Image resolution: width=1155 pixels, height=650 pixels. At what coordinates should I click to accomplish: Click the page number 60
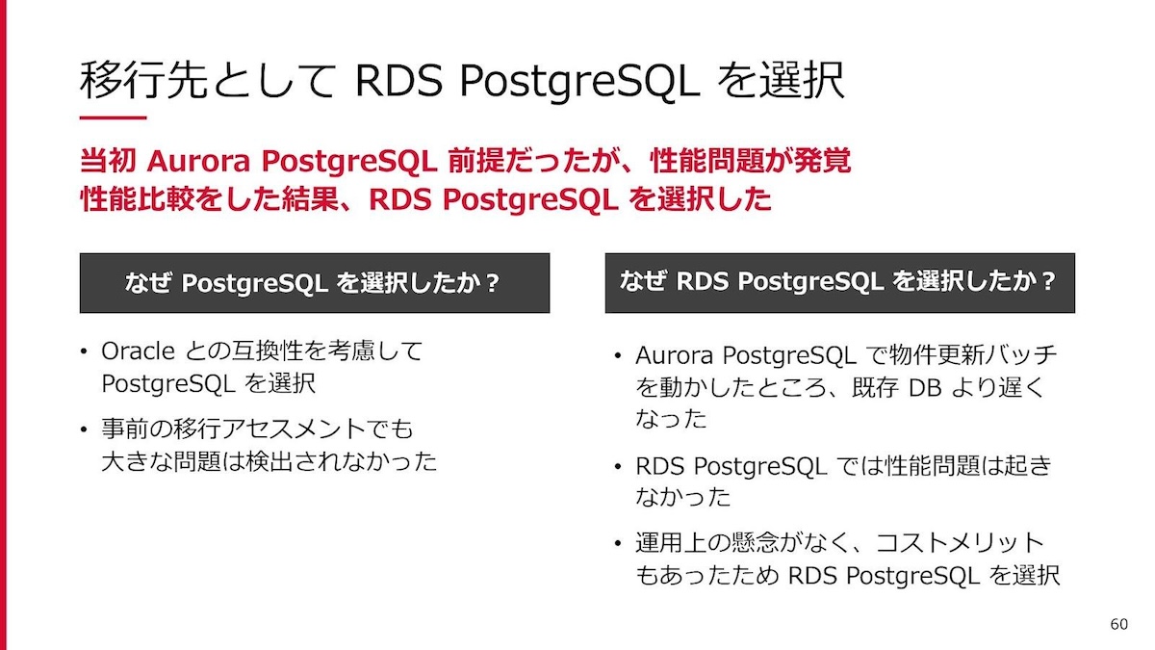pyautogui.click(x=1118, y=624)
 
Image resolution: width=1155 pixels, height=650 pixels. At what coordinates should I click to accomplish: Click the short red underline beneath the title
pyautogui.click(x=113, y=117)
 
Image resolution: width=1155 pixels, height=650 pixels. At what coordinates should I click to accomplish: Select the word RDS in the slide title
pyautogui.click(x=398, y=81)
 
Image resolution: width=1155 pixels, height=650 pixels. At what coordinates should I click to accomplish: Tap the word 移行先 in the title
pyautogui.click(x=143, y=80)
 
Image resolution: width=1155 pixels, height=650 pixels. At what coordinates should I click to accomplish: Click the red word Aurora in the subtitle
pyautogui.click(x=198, y=161)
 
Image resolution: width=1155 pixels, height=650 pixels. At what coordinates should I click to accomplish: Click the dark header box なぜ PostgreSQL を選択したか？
pyautogui.click(x=315, y=283)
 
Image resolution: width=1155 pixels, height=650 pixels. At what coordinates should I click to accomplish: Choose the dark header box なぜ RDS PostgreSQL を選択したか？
pyautogui.click(x=840, y=283)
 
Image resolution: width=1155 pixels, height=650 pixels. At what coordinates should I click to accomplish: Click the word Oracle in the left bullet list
pyautogui.click(x=139, y=351)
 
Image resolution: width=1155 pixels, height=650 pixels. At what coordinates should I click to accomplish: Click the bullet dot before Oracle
pyautogui.click(x=84, y=352)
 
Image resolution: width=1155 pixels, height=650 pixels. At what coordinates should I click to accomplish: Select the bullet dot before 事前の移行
pyautogui.click(x=84, y=429)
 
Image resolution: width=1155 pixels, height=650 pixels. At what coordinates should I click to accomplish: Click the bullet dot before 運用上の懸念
pyautogui.click(x=618, y=544)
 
